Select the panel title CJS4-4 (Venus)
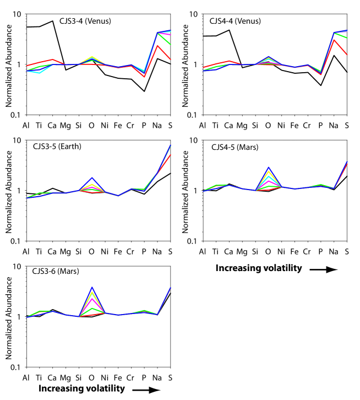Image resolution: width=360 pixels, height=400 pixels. tap(235, 21)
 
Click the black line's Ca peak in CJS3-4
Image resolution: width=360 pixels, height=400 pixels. tap(52, 21)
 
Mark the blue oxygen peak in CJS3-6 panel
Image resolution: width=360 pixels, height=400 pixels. tap(92, 287)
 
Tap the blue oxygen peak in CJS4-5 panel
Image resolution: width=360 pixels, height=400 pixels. tap(268, 167)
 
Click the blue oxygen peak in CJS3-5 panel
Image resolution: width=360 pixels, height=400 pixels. tap(92, 177)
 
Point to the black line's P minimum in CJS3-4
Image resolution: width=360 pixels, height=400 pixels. tap(144, 91)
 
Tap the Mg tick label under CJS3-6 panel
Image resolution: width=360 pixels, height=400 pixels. tap(66, 377)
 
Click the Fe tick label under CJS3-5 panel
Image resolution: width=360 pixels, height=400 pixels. tap(118, 252)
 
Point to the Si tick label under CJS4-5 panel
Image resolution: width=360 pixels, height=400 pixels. tap(255, 252)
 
